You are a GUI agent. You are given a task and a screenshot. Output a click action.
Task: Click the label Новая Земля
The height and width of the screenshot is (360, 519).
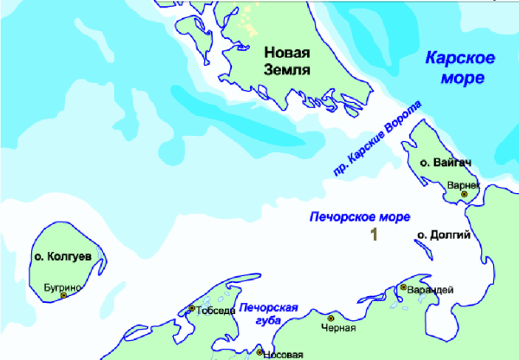click(286, 61)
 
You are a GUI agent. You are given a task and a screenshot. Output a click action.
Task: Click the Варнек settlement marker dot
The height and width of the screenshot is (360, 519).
click(464, 195)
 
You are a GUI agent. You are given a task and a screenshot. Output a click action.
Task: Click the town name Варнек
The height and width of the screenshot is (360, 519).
click(463, 184)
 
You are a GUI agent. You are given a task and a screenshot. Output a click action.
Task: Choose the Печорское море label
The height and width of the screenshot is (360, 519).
click(360, 216)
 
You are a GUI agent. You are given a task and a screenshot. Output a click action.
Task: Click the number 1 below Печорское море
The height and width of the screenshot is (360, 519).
click(374, 235)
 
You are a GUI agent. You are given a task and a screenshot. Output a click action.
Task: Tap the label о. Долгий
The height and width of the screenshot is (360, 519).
click(443, 235)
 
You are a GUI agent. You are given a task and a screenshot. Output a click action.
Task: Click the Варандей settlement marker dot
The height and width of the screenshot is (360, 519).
click(403, 287)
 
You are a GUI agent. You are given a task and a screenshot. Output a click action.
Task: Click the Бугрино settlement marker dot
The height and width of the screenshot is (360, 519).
click(64, 295)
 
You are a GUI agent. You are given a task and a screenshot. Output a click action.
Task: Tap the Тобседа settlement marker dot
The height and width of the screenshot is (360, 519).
click(191, 308)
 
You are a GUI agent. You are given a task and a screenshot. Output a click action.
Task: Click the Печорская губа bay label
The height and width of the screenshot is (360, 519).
click(270, 314)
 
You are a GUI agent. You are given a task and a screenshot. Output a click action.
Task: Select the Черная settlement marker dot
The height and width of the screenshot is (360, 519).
click(330, 318)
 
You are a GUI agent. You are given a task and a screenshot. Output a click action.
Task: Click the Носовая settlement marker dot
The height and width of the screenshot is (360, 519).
click(260, 352)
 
